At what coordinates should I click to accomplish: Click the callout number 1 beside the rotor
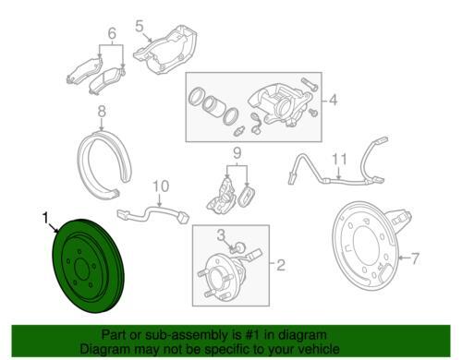coord(45,219)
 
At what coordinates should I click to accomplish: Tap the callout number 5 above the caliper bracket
coord(140,26)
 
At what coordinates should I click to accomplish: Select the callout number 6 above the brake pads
coord(112,33)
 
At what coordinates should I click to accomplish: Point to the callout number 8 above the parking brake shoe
coord(102,112)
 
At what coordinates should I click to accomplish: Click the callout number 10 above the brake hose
coord(161,186)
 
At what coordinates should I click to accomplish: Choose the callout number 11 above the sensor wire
coord(339,159)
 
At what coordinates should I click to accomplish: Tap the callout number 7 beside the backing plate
coord(415,258)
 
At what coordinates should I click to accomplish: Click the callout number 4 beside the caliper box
coord(333,101)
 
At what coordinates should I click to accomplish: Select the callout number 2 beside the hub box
coord(281,265)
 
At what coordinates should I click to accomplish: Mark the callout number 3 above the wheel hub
coord(221,235)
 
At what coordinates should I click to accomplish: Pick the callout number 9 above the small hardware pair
coord(237,153)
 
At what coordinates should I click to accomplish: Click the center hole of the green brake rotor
coord(82,269)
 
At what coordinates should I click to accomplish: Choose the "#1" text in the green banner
coord(251,335)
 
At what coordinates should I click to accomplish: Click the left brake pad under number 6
coord(84,70)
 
